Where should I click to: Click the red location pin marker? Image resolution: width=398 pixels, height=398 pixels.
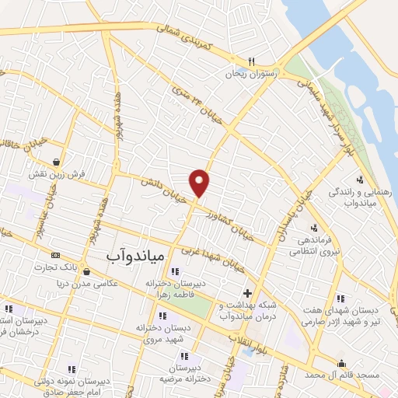pyautogui.click(x=200, y=182)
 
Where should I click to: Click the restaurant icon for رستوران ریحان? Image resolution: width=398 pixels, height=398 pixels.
pyautogui.click(x=250, y=61)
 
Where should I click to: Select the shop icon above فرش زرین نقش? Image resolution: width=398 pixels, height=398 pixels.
pyautogui.click(x=57, y=162)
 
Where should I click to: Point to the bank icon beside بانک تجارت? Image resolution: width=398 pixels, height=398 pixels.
pyautogui.click(x=55, y=255)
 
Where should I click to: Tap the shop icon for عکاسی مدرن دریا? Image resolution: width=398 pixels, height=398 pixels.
pyautogui.click(x=86, y=271)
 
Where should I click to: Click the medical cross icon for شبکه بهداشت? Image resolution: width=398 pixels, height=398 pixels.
pyautogui.click(x=247, y=294)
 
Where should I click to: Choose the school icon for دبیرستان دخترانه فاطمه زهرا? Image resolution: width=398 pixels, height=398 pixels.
pyautogui.click(x=174, y=271)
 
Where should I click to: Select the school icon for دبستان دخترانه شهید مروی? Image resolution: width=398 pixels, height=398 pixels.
pyautogui.click(x=162, y=316)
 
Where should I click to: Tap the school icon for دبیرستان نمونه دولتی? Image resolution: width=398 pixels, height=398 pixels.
pyautogui.click(x=72, y=369)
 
